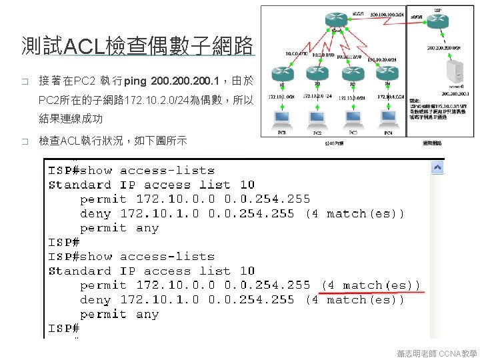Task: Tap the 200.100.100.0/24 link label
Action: click(x=387, y=12)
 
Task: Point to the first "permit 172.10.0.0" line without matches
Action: click(x=195, y=199)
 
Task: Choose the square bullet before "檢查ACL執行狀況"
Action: click(x=25, y=142)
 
